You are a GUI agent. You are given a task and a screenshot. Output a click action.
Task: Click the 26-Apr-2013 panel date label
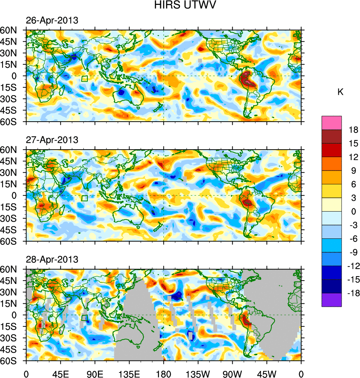pos(52,21)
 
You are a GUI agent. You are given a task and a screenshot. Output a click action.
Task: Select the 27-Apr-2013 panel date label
pos(52,140)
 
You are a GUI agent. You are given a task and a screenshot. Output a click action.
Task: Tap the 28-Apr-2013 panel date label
pos(52,259)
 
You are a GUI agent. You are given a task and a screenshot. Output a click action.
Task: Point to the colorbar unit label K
pos(340,92)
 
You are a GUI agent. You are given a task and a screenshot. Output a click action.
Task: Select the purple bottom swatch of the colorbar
pos(332,300)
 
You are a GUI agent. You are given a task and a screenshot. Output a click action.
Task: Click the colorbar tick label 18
pos(353,130)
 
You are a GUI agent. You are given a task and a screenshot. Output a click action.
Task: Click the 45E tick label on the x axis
pos(60,373)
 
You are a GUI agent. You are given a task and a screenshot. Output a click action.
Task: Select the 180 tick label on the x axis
pos(164,373)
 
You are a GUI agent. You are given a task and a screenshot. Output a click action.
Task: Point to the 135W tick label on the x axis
pos(198,373)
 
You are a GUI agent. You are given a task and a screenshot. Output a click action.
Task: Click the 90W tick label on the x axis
pos(232,373)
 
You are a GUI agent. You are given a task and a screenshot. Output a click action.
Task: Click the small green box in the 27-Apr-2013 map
pos(84,198)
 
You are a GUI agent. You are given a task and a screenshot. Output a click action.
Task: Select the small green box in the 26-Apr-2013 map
pos(84,79)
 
